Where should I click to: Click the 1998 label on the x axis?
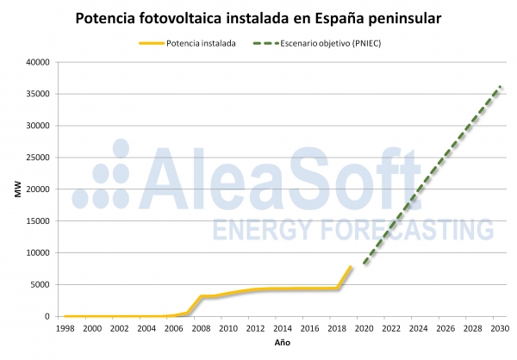65,328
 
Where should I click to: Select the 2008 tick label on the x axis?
201,328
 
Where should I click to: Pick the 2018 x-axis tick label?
337,328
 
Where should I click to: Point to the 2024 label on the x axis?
418,328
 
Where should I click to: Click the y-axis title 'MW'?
16,189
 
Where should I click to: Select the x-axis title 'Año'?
282,344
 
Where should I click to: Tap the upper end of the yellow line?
351,267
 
